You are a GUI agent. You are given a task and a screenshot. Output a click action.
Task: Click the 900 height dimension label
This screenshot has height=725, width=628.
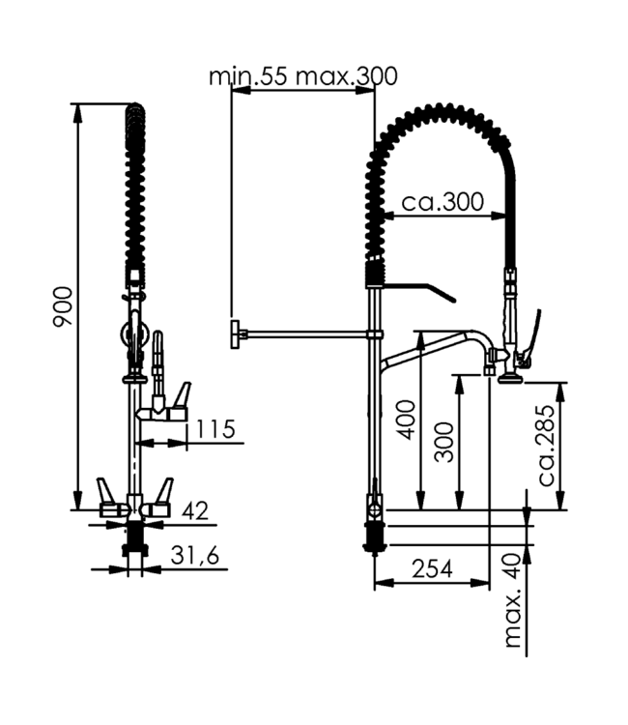point(61,307)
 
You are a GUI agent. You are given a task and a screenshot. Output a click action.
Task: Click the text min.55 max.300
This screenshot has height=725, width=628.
point(302,76)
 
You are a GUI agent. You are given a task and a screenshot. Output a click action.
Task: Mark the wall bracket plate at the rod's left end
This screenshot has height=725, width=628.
point(235,334)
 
